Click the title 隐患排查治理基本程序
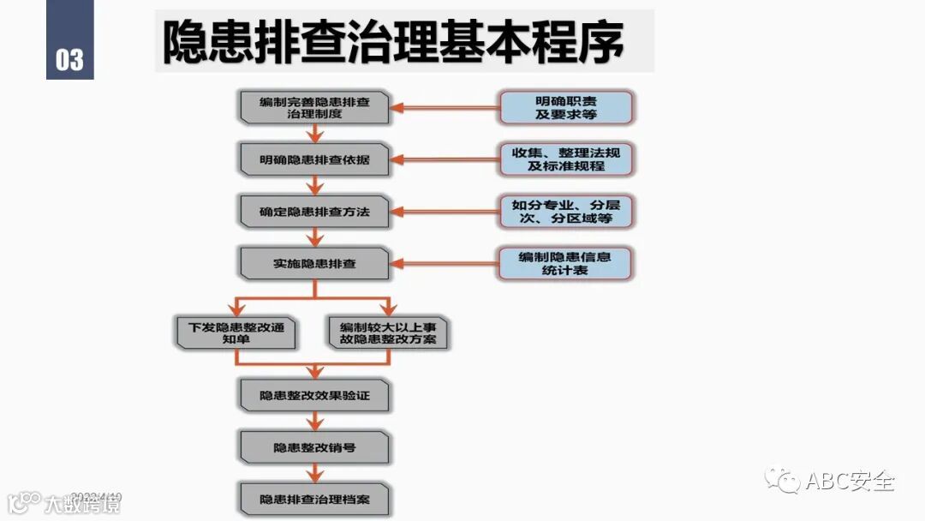(x=394, y=41)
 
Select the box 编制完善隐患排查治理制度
(x=314, y=107)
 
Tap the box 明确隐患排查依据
(x=314, y=159)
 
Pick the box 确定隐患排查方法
(x=314, y=211)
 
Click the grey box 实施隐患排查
(x=314, y=263)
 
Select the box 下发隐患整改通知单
(x=235, y=332)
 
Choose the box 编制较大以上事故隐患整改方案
(x=388, y=332)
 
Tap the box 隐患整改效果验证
(x=314, y=395)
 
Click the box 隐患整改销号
(x=314, y=447)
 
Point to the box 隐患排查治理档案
(x=314, y=499)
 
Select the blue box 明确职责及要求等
(x=567, y=107)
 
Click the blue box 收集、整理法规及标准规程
(x=567, y=159)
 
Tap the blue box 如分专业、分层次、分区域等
(x=567, y=212)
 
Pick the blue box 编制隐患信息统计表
(x=565, y=263)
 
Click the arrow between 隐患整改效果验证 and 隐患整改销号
(x=315, y=421)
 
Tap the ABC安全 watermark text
(x=850, y=481)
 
